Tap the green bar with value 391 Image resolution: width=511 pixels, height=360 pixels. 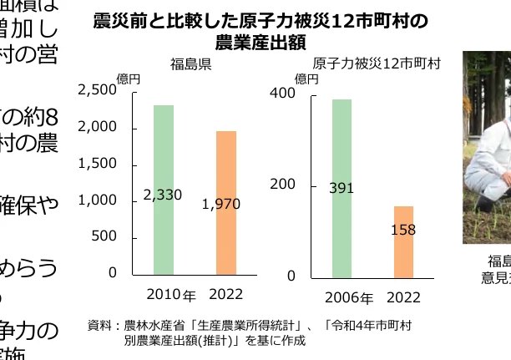coord(342,189)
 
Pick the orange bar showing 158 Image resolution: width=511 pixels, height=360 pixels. coord(403,242)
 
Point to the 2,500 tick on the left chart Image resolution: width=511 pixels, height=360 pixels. coord(98,90)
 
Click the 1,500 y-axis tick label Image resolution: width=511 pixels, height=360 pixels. coord(98,164)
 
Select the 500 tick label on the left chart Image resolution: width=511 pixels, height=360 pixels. coord(104,236)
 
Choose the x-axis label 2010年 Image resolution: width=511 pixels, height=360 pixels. coord(170,295)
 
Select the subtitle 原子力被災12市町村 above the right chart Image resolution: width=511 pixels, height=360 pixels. coord(377,63)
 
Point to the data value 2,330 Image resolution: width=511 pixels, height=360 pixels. coord(163,195)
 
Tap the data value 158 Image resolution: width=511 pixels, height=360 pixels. coord(403,230)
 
